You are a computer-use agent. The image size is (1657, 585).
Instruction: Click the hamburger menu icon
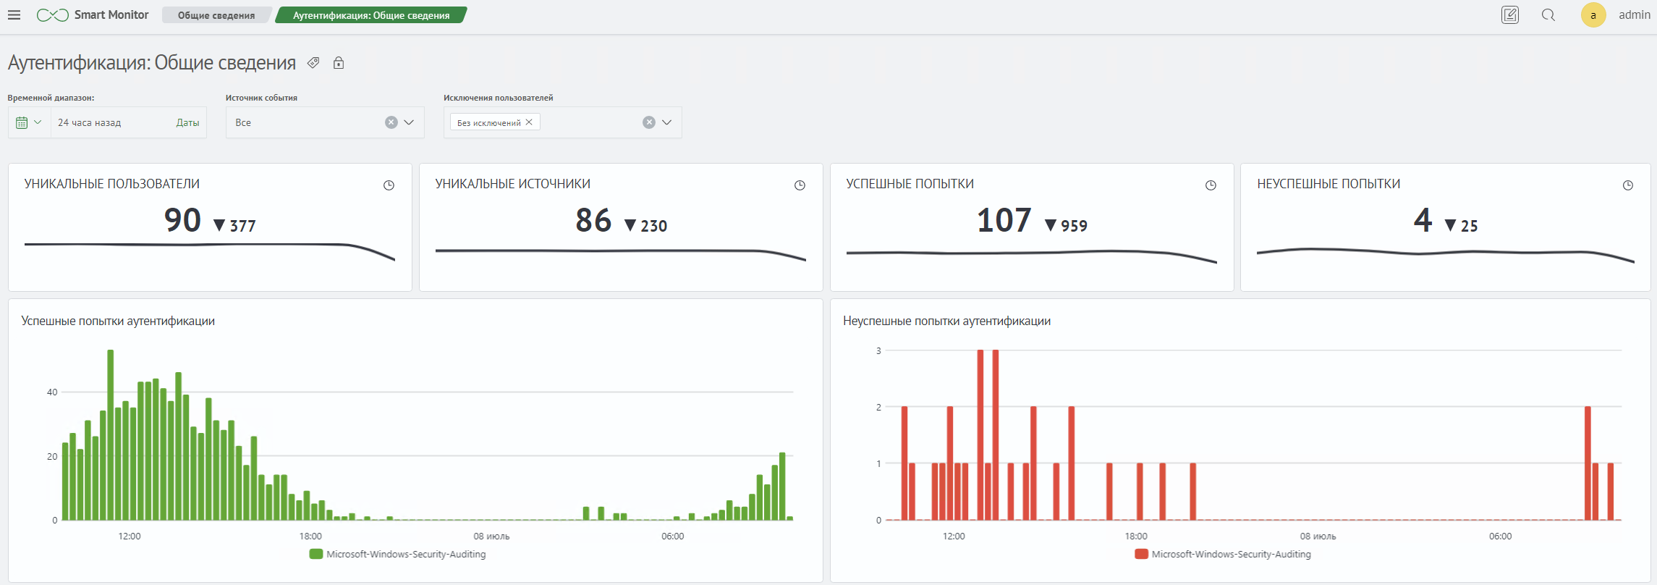pos(14,15)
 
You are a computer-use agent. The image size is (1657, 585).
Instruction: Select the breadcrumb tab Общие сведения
pos(216,15)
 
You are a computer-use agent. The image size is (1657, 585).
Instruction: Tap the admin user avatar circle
pos(1593,15)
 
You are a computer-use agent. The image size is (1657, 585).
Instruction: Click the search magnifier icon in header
pos(1548,15)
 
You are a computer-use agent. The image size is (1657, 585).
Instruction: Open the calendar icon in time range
pos(22,122)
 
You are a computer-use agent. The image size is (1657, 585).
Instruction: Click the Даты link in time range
pos(187,122)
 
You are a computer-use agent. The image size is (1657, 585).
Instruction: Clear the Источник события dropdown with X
pos(391,122)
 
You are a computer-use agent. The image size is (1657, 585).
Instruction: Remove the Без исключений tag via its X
pos(529,122)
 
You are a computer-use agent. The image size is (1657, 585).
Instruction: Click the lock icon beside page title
pos(339,63)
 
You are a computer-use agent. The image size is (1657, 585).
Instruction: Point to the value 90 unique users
pos(182,220)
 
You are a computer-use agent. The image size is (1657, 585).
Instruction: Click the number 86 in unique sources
pos(593,220)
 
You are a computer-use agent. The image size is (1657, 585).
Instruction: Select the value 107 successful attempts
pos(1004,220)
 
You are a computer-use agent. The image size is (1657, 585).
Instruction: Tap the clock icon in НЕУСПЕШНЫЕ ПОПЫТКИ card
pos(1627,185)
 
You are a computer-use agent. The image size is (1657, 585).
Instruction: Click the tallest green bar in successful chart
pos(111,434)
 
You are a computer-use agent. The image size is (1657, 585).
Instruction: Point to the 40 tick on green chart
pos(52,392)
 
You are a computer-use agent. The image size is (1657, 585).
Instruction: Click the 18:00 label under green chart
pos(310,536)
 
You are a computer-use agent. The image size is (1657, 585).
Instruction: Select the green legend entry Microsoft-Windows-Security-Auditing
pos(397,555)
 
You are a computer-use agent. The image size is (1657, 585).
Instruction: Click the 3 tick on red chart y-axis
pos(878,351)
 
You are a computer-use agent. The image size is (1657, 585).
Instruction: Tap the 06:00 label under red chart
pos(1500,536)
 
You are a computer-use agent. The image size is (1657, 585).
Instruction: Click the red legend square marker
pos(1142,555)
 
